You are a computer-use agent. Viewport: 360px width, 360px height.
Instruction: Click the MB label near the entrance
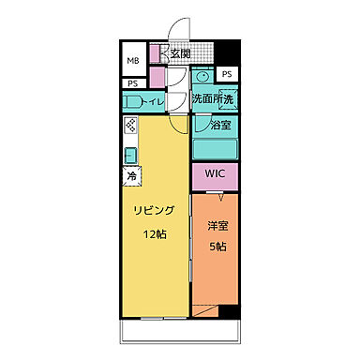(x=132, y=63)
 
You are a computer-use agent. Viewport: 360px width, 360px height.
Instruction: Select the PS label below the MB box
(x=132, y=83)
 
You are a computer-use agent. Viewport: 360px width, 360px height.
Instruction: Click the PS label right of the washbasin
(x=227, y=74)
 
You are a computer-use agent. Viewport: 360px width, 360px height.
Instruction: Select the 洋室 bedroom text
(x=217, y=226)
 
